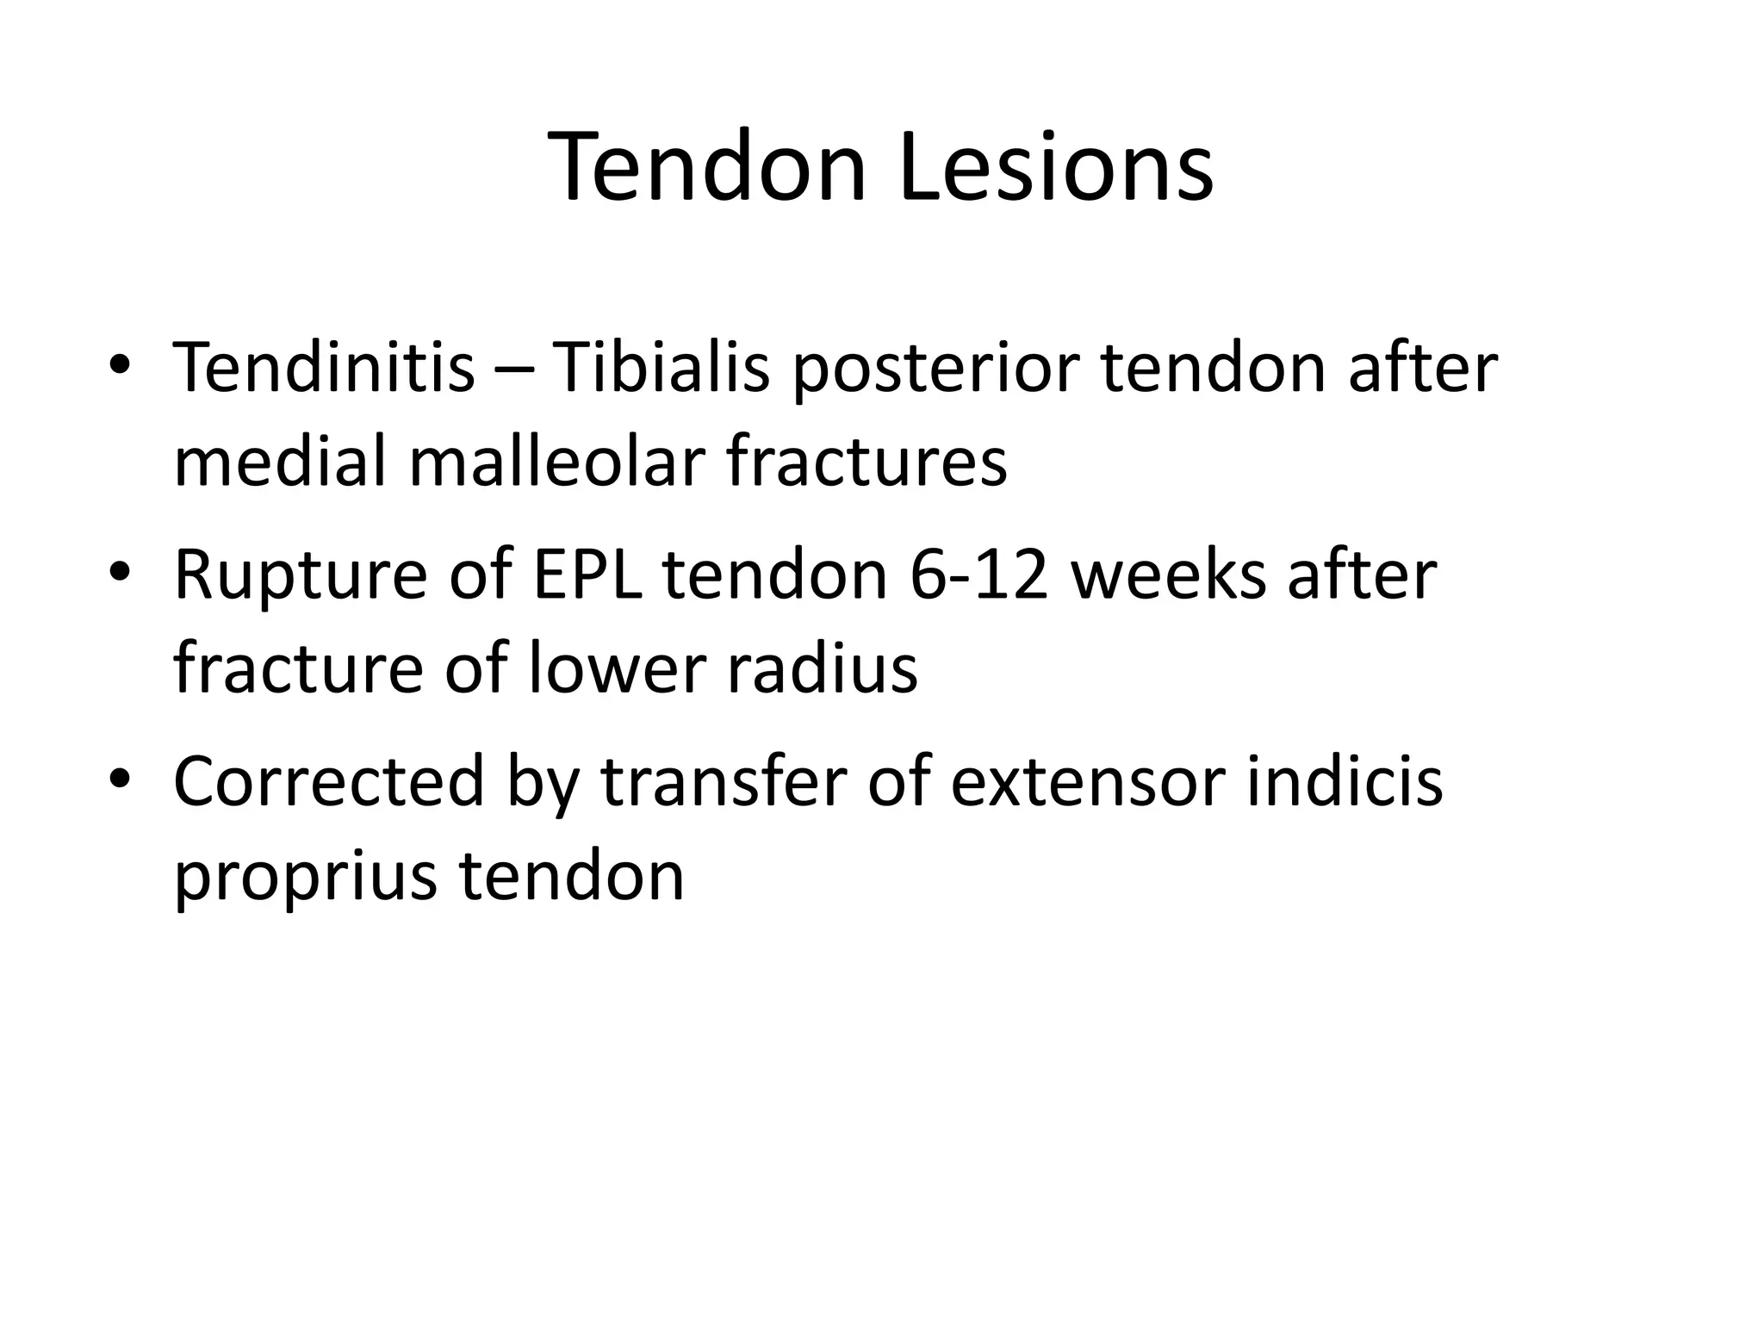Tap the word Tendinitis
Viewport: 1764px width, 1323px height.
(324, 368)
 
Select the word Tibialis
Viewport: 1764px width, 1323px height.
(659, 368)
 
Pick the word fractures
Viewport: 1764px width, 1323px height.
(866, 463)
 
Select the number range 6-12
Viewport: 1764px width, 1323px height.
(978, 575)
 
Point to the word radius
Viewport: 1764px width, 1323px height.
(822, 669)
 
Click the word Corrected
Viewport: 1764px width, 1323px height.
(329, 781)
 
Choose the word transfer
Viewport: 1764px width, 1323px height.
(723, 781)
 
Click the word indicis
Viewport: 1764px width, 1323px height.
(1345, 781)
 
